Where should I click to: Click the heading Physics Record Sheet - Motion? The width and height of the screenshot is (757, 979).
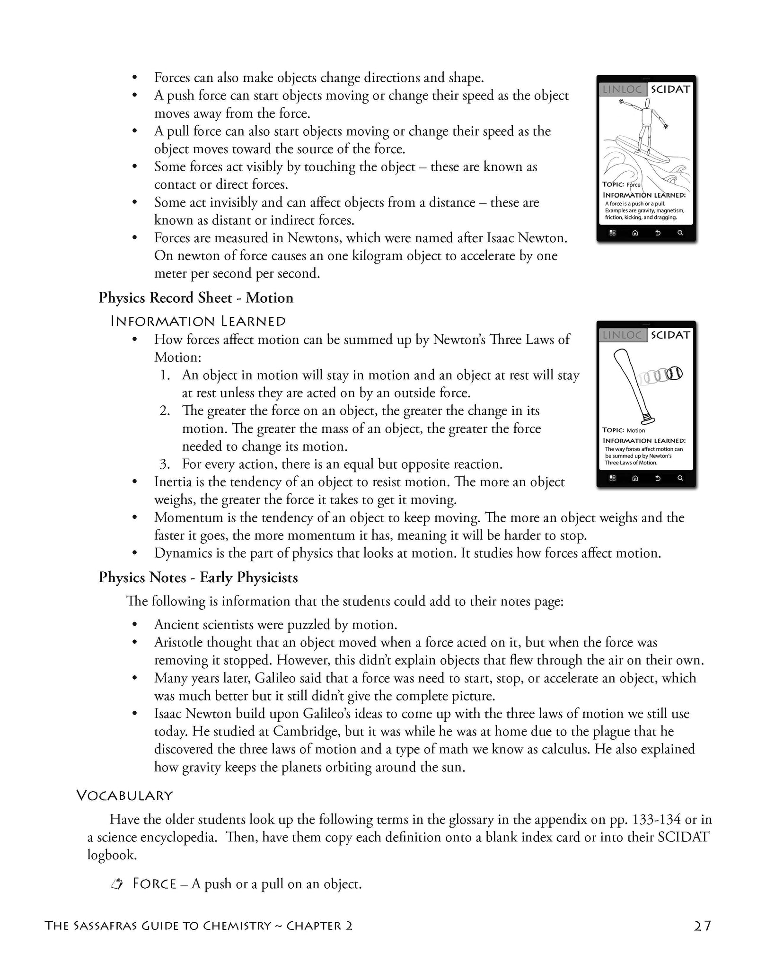[x=196, y=298]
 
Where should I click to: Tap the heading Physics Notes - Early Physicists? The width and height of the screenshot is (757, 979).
[x=198, y=577]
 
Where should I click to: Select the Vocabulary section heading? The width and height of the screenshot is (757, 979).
[x=124, y=795]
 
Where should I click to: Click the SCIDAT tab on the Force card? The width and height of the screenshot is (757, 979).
[x=670, y=89]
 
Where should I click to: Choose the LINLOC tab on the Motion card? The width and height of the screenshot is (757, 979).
[x=622, y=335]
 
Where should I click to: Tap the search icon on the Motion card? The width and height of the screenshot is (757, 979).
[x=680, y=478]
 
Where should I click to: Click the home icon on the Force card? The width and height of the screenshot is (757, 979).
[x=635, y=233]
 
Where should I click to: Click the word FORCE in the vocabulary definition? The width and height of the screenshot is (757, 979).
[x=155, y=884]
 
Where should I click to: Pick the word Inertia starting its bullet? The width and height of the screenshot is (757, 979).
[x=172, y=482]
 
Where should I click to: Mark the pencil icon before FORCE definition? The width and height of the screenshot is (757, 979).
[x=116, y=884]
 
